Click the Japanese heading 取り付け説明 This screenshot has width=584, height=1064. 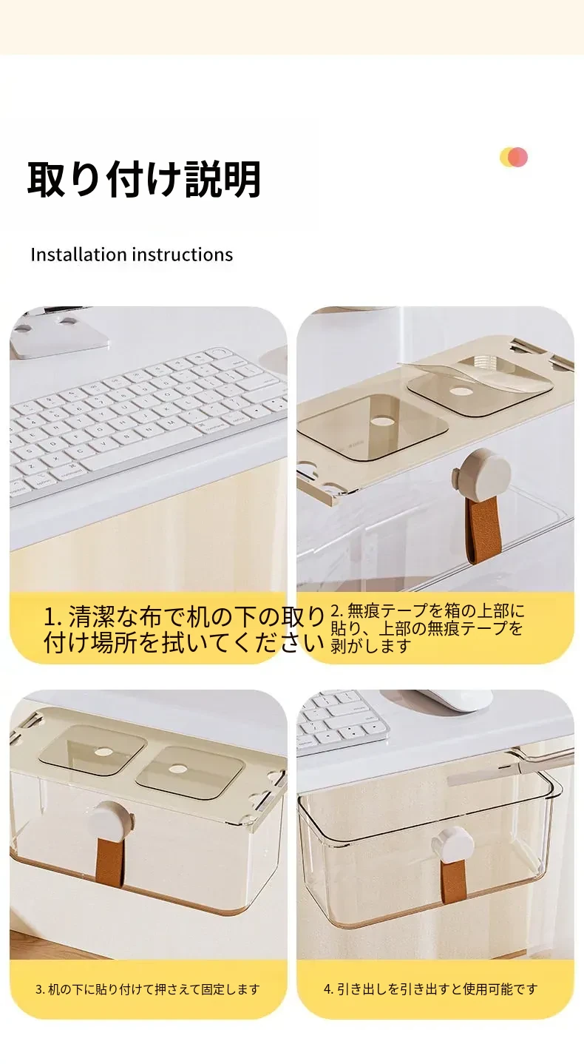[x=144, y=179]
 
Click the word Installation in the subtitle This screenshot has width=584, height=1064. [x=79, y=255]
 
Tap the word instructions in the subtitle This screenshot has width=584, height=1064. [x=183, y=255]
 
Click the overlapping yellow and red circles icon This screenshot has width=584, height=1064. [x=514, y=157]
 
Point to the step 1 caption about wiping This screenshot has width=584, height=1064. [x=184, y=629]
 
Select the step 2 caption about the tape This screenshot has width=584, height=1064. [x=427, y=628]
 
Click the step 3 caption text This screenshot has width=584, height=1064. [x=148, y=989]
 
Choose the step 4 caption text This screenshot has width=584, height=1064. [x=430, y=989]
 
